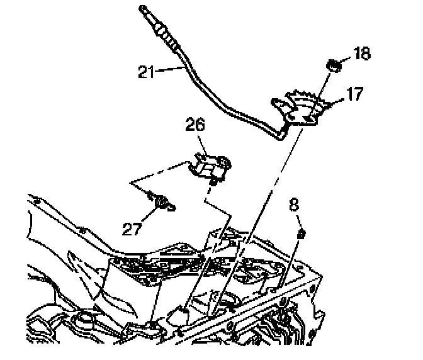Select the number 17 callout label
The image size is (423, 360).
[x=353, y=96]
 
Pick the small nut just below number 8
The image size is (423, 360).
[x=301, y=234]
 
